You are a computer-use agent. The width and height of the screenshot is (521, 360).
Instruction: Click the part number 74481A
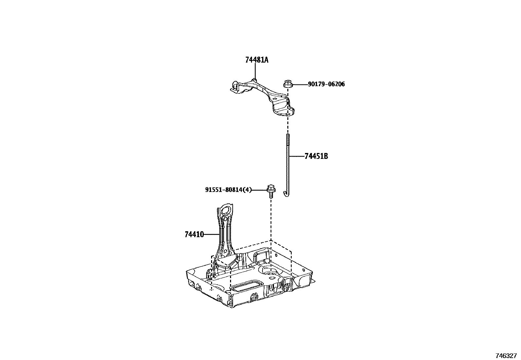coord(257,60)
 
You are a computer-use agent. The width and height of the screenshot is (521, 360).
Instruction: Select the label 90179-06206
coord(326,84)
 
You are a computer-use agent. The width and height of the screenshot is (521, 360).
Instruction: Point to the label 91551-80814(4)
coord(228,190)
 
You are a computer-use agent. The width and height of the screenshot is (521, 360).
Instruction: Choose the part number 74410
coord(194,234)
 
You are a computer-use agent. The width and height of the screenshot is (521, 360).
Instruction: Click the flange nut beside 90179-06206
coord(288,84)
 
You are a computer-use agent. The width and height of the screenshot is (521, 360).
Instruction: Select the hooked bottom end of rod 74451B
coord(287,194)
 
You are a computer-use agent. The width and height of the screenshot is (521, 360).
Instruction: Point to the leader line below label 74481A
coord(255,71)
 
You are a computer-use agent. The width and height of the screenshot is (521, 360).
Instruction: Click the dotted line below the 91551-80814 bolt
coord(271,219)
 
